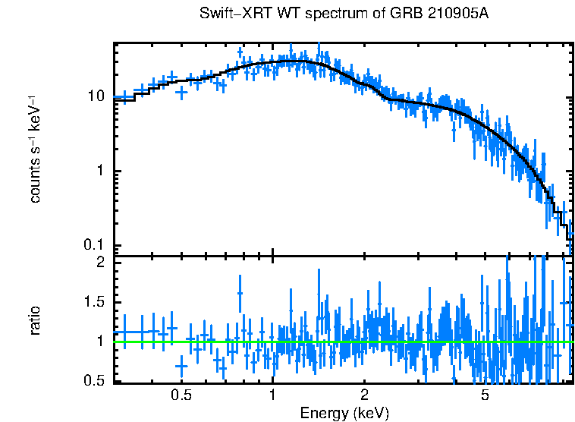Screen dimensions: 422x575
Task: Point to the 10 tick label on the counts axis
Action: pos(96,97)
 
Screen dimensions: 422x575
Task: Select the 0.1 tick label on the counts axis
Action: pos(93,245)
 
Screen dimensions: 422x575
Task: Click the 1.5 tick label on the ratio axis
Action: pos(94,302)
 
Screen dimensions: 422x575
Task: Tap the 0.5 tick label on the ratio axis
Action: pos(94,381)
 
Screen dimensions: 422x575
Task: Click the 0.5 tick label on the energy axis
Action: pos(181,395)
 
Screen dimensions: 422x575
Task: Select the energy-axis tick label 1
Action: pos(272,395)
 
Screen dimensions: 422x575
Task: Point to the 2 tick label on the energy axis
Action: pos(364,395)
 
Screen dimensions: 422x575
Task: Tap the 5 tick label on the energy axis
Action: pos(485,395)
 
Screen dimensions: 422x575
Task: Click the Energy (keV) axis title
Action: pos(344,413)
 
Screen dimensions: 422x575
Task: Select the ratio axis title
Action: pos(36,321)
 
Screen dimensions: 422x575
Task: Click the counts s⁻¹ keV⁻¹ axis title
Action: pos(36,149)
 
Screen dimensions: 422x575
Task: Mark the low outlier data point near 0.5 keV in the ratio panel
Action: pos(181,366)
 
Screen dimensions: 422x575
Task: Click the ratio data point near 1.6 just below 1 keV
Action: pos(240,293)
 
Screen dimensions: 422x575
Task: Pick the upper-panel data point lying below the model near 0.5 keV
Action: pos(181,92)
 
